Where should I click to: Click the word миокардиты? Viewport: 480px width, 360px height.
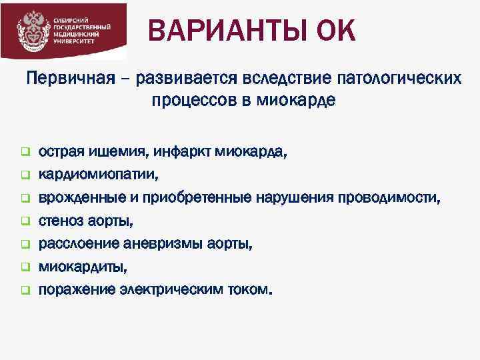81,267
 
